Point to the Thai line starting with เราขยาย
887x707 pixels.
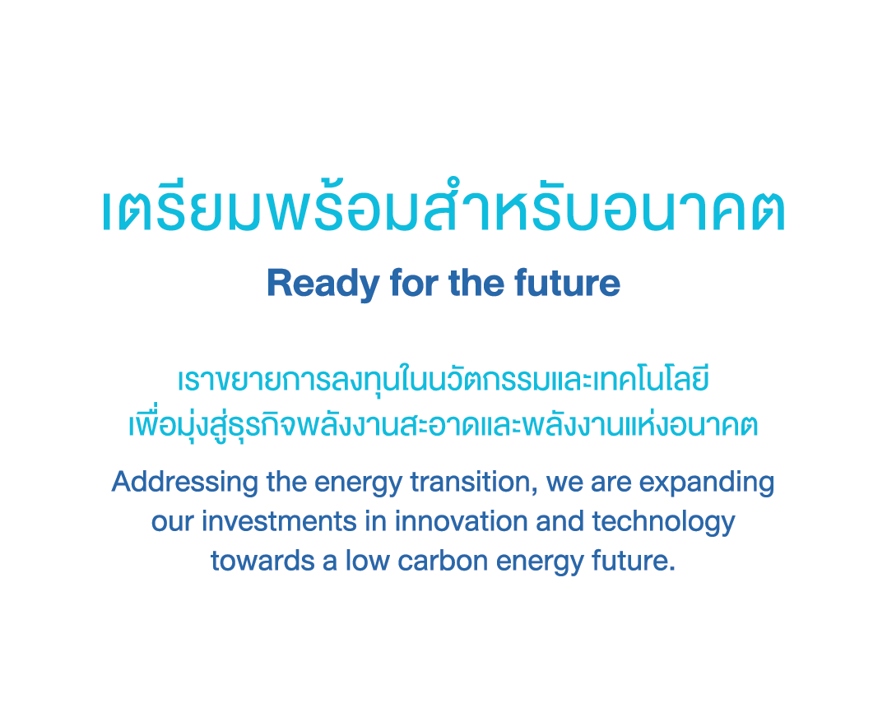443,379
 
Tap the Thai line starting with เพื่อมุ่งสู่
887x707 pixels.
443,425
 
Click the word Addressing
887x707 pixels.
185,483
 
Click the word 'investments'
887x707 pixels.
279,521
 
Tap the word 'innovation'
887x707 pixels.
461,521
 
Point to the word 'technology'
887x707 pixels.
663,523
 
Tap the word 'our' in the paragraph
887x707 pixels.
173,523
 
